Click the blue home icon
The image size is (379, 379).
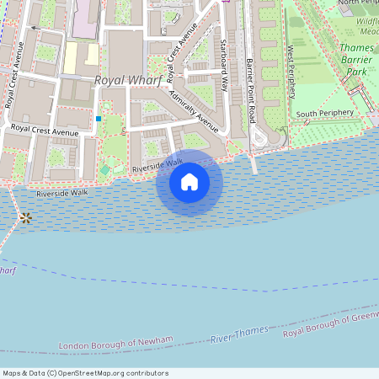189,182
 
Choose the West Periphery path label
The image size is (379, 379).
291,71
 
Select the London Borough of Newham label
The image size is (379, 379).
116,343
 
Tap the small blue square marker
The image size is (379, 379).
99,119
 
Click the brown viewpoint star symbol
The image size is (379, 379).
26,218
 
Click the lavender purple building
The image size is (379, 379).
84,20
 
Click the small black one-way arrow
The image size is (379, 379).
35,28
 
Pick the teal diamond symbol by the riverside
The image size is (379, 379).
104,170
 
